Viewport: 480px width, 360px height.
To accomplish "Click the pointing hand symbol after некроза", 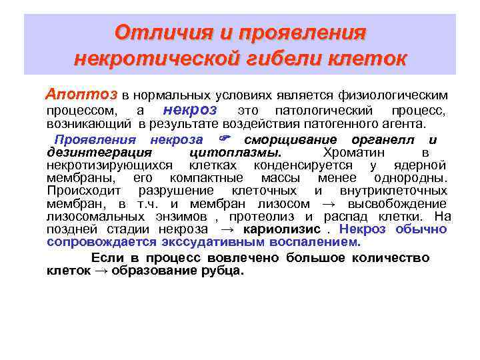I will pyautogui.click(x=225, y=140).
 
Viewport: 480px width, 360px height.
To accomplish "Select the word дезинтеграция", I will pyautogui.click(x=89, y=153).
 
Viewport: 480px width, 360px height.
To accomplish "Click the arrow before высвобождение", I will pyautogui.click(x=331, y=204).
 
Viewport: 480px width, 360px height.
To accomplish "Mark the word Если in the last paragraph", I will pyautogui.click(x=105, y=258).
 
